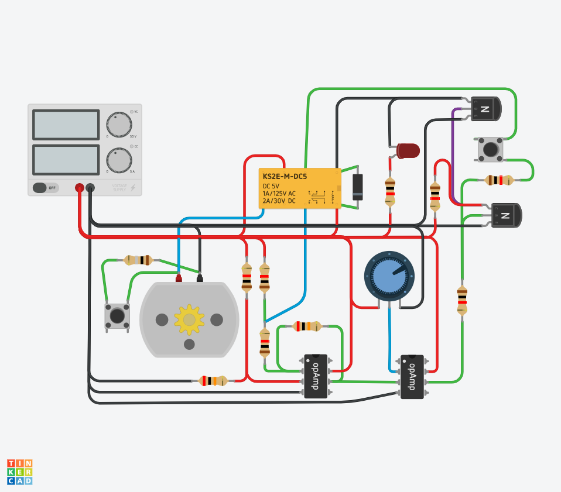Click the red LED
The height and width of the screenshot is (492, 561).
point(408,150)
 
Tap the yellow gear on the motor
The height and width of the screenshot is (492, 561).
point(189,319)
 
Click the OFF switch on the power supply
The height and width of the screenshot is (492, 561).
point(45,188)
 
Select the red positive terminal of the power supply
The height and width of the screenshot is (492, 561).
point(79,188)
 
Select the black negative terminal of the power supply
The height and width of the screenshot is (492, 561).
point(90,188)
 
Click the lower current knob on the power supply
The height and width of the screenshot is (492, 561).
point(119,160)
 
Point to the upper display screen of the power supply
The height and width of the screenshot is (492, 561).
point(66,125)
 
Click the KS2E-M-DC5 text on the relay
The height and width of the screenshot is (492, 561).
point(285,176)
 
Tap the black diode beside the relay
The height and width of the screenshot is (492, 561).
point(357,187)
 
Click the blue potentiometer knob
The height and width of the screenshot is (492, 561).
point(389,276)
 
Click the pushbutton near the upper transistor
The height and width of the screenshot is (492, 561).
point(490,149)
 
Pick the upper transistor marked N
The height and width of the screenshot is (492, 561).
point(487,109)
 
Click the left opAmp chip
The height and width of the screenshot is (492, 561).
point(316,376)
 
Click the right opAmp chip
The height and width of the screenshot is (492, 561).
point(412,376)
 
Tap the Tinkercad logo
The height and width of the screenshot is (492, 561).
point(20,472)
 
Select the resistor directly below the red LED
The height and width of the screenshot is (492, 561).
point(390,191)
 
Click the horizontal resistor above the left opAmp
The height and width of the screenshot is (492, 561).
point(307,326)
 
